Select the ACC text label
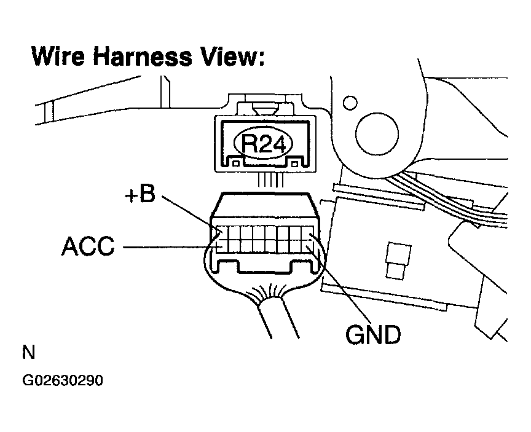(88, 246)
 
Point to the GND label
(373, 336)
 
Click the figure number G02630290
(63, 381)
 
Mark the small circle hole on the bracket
(350, 101)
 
